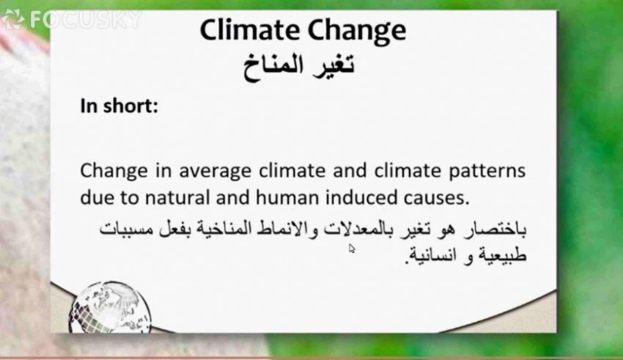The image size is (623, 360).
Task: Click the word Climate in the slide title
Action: click(250, 30)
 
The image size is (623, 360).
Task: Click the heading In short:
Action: click(119, 106)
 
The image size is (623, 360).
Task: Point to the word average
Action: click(215, 172)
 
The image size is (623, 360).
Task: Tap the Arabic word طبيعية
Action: click(503, 255)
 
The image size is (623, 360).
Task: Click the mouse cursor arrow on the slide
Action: click(352, 249)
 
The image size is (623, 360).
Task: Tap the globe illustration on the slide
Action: click(110, 306)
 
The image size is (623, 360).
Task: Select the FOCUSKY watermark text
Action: click(86, 19)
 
